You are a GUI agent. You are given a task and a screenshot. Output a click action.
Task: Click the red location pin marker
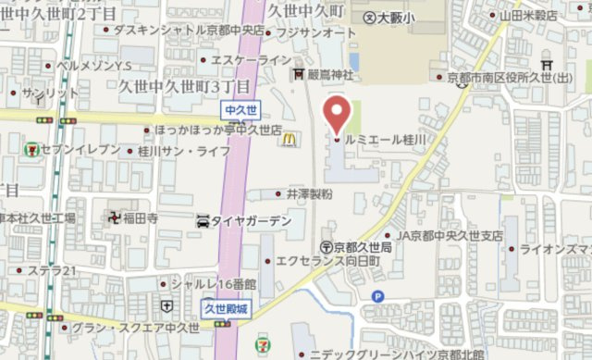tap(336, 115)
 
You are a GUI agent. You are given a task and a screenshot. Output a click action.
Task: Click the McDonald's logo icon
tap(290, 139)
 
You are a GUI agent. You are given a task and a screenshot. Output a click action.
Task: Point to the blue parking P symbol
tap(376, 296)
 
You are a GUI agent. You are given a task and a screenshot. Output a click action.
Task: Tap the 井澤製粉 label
tap(309, 193)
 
